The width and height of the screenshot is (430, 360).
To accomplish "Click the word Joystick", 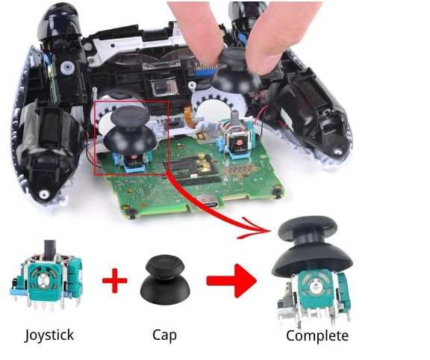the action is point(49,335).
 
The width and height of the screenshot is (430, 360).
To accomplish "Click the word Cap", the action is point(164,335).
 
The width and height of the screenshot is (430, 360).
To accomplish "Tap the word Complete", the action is point(317,336).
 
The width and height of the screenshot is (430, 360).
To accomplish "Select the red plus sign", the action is point(115,280).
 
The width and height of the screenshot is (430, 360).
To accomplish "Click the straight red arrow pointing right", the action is point(232,280).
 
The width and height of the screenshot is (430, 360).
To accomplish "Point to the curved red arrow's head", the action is point(256,229).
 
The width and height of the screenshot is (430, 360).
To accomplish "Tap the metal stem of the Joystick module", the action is point(49,249).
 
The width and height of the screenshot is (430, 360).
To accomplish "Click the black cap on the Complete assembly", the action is point(311,247).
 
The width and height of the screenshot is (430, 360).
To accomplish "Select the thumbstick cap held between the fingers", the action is point(236,72).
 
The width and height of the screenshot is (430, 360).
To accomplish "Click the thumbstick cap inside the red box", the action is point(129,129).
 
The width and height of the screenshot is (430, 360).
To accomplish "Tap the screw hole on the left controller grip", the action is point(44,194).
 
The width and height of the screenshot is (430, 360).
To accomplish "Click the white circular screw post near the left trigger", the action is point(67,67).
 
